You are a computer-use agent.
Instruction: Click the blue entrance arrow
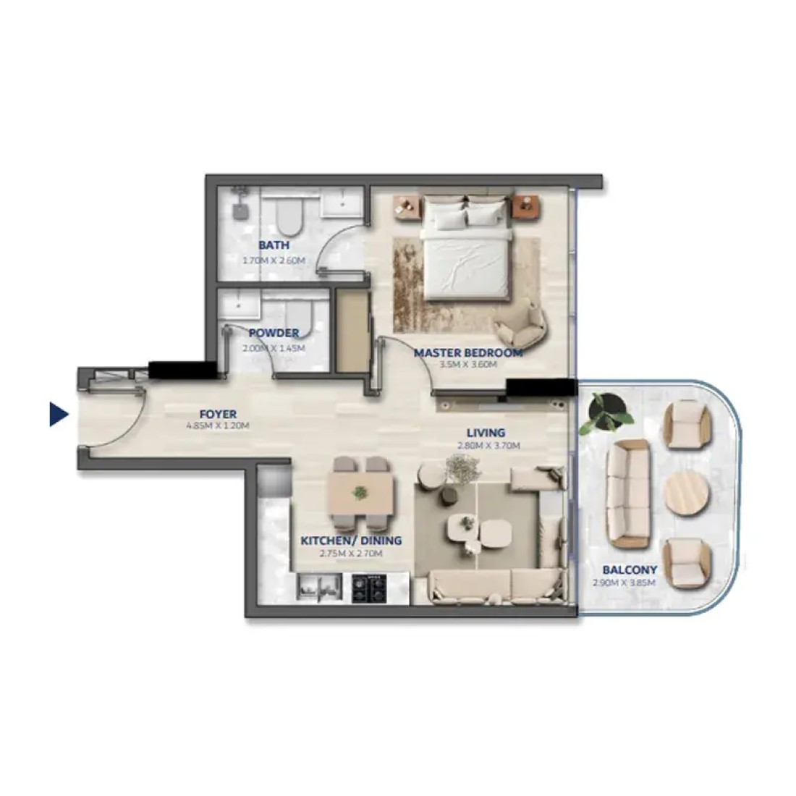tap(59, 414)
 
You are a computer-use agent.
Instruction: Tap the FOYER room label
tap(218, 414)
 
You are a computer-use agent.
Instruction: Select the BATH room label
tap(274, 245)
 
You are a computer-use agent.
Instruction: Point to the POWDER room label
tap(274, 333)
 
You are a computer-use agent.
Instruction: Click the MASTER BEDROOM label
tap(468, 353)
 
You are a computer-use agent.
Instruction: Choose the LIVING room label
tap(486, 433)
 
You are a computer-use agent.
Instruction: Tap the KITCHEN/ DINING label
tap(351, 541)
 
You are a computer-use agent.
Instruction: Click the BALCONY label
tap(630, 570)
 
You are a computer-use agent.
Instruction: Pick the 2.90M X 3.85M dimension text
tap(624, 583)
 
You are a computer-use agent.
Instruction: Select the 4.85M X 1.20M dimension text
tap(218, 426)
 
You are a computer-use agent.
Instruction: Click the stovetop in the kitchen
tap(369, 588)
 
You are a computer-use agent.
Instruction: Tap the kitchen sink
tap(319, 588)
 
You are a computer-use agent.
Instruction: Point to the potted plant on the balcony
tap(606, 413)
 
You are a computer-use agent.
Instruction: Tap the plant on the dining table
tap(360, 492)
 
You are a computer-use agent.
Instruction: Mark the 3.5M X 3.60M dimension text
tap(468, 365)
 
